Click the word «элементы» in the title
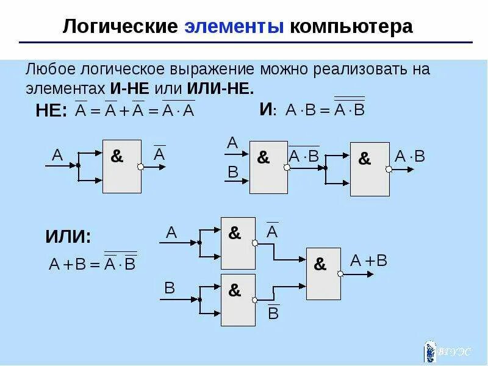click(234, 27)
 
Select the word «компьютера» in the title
click(351, 27)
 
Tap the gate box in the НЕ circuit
click(121, 165)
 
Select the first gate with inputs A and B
click(268, 167)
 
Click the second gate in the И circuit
click(369, 169)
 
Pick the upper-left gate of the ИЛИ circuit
click(237, 243)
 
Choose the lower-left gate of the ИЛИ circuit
click(237, 300)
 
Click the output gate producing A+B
click(323, 273)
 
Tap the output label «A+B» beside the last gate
click(369, 261)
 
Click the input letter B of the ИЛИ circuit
click(170, 287)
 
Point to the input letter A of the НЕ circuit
click(57, 155)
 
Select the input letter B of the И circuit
click(232, 172)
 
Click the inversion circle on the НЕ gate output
click(141, 167)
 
